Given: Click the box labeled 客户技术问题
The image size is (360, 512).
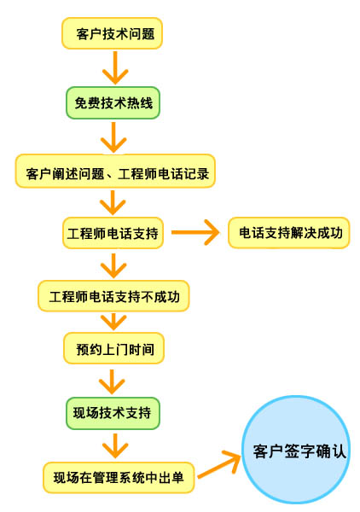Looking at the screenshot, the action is pos(112,33).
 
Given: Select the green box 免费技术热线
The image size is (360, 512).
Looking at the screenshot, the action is pos(113,102).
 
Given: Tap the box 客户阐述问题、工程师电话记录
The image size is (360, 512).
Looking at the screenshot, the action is pos(115,172).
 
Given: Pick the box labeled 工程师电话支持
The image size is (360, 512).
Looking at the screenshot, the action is pos(113,233).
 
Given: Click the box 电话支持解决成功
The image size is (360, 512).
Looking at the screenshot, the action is pos(289,233).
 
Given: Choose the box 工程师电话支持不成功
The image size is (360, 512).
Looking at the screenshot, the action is pos(113,296).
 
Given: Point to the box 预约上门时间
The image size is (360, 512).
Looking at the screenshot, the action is pos(113,348).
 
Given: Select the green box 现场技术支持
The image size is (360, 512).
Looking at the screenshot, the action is pos(113,413).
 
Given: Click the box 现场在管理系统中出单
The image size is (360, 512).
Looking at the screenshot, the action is pos(119,477).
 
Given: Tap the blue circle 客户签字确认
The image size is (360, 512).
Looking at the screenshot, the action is pos(296,450).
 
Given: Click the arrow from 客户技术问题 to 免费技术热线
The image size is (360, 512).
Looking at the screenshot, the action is pos(115,67).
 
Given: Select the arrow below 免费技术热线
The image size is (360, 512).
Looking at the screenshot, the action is pos(113,137).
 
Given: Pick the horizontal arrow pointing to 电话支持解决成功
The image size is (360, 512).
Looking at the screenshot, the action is pos(195,232).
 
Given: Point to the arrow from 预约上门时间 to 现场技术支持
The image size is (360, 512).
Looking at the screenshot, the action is pos(112,381).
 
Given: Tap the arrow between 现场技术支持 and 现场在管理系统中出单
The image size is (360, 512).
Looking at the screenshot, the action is pos(115,445).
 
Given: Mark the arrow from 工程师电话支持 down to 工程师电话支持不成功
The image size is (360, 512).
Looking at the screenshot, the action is pos(113,265).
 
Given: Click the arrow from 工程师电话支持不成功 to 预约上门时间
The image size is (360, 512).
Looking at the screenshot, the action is pos(113,322).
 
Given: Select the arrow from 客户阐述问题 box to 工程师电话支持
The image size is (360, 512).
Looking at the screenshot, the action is pos(113,203).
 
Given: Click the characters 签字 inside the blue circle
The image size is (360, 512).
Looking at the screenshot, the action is pos(299,451).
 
